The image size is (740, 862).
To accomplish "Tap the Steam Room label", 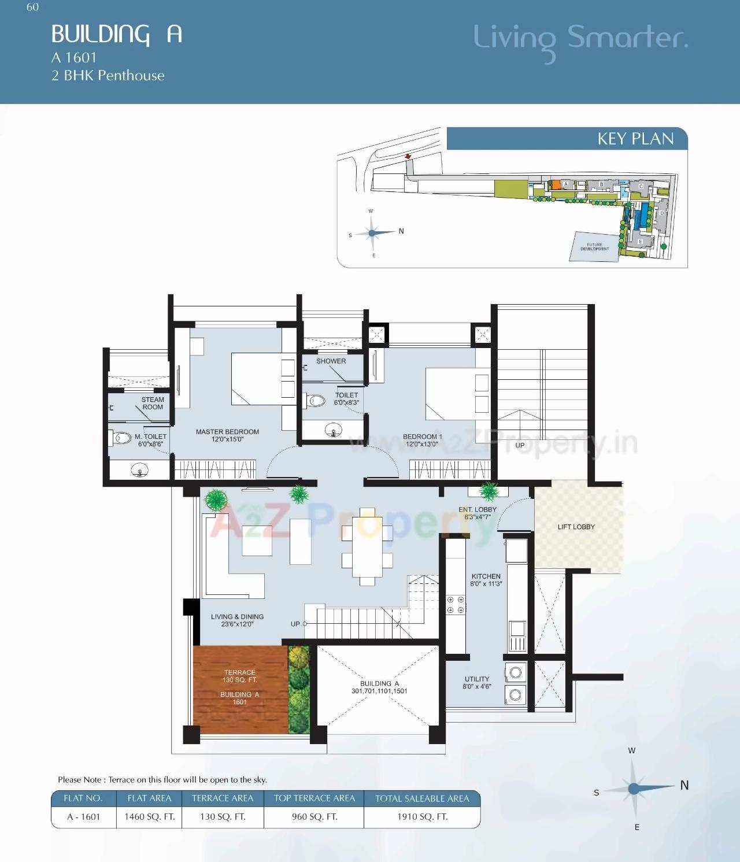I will (x=153, y=403).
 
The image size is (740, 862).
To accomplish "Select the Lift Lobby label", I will (x=576, y=527).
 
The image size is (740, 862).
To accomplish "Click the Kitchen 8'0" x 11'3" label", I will (x=486, y=580).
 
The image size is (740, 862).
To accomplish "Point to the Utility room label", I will (x=476, y=683).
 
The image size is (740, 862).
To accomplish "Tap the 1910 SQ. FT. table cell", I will (x=422, y=817).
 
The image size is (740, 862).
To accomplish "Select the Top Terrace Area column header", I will (x=314, y=798).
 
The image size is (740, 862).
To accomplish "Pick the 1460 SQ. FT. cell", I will (x=149, y=817).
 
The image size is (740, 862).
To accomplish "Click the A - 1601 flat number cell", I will (x=84, y=817).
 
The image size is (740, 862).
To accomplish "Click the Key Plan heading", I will (x=635, y=139).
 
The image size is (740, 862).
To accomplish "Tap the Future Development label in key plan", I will (x=594, y=247).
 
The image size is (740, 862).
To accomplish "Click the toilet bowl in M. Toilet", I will (x=121, y=438).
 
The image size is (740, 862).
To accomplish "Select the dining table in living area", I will (x=367, y=546).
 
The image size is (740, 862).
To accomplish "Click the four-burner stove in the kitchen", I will (x=456, y=605).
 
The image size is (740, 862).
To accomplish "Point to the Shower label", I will (x=331, y=361).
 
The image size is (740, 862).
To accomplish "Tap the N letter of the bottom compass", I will (x=684, y=785).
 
